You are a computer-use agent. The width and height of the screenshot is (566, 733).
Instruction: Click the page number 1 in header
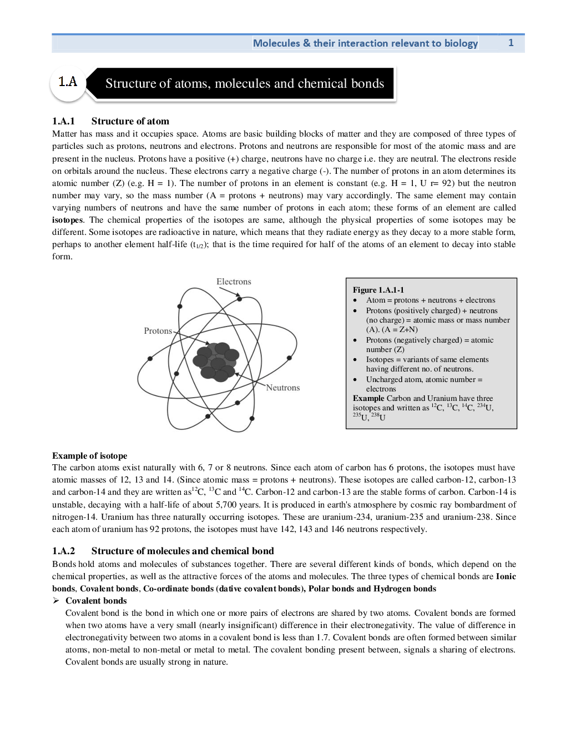click(511, 43)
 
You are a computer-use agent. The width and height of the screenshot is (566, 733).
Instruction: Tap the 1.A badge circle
click(68, 83)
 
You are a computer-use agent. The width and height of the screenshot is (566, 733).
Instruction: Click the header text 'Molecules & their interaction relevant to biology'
click(365, 43)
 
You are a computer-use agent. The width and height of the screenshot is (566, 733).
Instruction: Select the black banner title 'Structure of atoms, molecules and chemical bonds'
click(245, 83)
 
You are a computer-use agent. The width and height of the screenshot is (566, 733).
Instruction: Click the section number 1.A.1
click(63, 121)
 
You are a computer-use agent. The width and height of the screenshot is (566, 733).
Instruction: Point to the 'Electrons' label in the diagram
click(234, 282)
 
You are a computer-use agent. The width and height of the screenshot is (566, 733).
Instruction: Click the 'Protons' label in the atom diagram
click(158, 331)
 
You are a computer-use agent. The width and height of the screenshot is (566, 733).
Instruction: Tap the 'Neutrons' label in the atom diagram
click(282, 388)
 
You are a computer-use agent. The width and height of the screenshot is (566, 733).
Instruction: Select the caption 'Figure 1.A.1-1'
click(378, 290)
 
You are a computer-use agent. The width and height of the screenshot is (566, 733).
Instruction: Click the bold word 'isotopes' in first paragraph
click(67, 220)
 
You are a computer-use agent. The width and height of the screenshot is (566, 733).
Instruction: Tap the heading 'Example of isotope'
click(90, 456)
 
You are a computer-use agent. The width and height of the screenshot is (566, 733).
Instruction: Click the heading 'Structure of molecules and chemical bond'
click(183, 551)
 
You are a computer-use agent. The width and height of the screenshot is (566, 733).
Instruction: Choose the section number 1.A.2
click(63, 551)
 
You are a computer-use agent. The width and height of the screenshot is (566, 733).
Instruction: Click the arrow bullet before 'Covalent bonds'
click(55, 601)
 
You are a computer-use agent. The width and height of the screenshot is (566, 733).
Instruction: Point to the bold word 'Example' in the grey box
click(368, 398)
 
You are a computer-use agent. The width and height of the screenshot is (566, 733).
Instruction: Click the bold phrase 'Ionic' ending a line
click(506, 576)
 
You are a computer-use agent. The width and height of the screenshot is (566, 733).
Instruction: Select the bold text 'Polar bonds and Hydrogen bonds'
click(372, 589)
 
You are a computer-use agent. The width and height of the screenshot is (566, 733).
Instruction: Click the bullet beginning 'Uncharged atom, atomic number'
click(424, 379)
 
